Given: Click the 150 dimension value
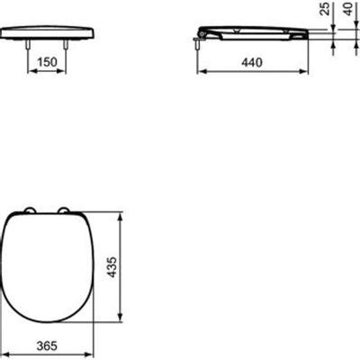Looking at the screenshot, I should pyautogui.click(x=52, y=64).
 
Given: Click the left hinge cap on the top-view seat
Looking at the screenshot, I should pyautogui.click(x=31, y=211).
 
